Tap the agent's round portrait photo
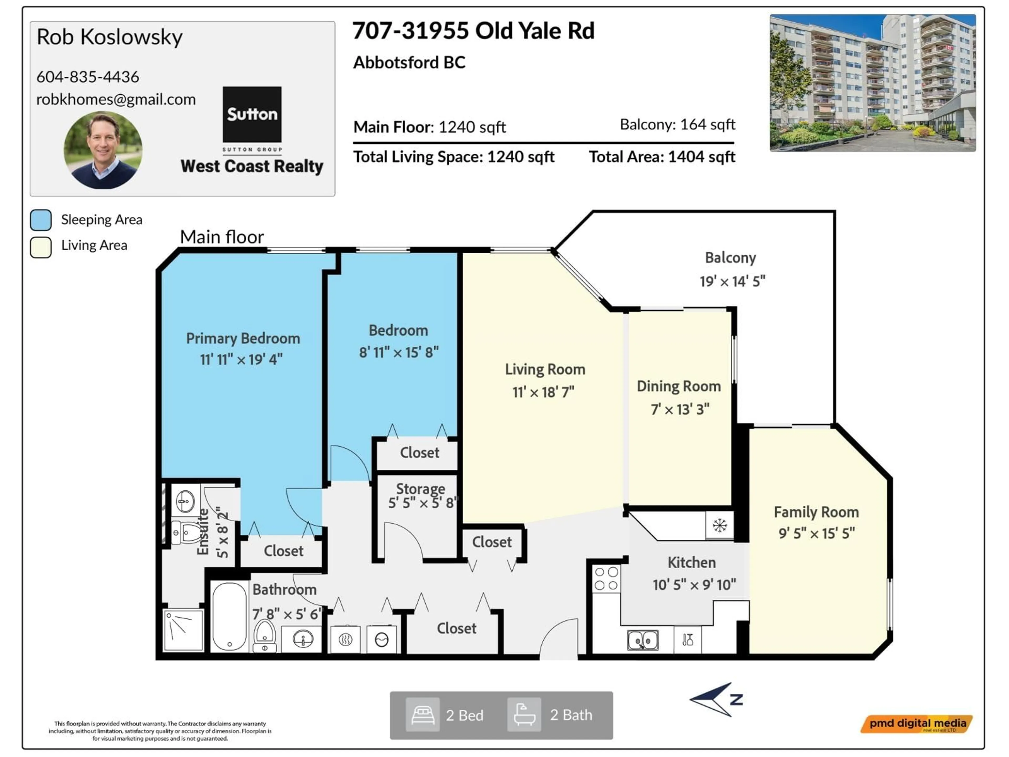pos(103,150)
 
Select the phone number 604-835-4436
pos(87,77)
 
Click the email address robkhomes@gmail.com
pos(116,99)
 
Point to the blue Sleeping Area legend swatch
pos(41,220)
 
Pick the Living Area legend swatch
pos(41,247)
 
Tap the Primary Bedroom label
pos(243,339)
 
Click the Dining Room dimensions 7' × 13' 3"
pos(680,409)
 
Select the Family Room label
pos(816,512)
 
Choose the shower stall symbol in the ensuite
pos(183,630)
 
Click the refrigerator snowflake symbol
pos(719,526)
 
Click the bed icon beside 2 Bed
pos(423,715)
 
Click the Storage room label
pos(420,489)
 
